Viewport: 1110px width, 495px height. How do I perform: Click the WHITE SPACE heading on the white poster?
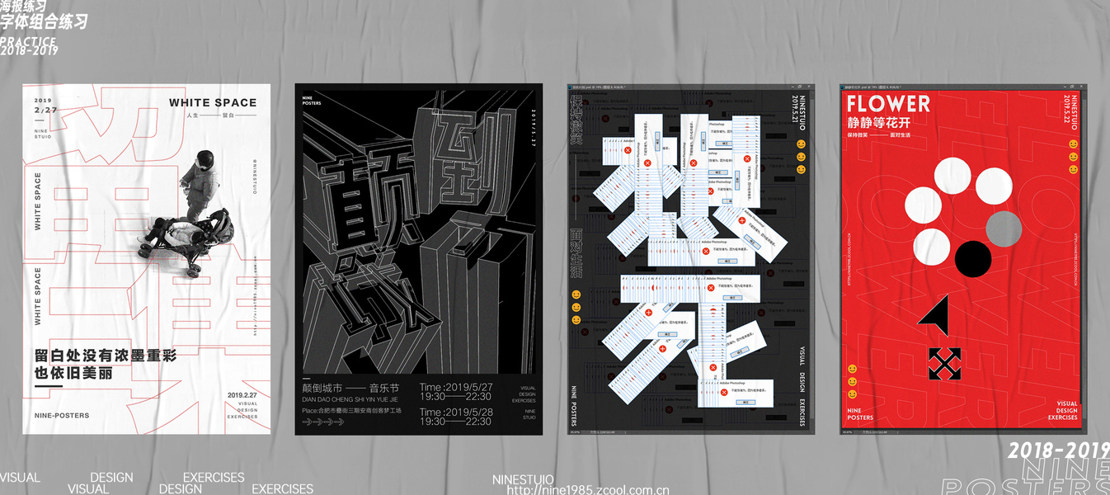pos(213,103)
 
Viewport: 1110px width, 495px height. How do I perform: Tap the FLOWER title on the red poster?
pos(888,104)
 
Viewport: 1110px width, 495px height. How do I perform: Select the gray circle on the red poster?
pos(1004,229)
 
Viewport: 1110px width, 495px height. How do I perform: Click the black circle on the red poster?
pos(973,258)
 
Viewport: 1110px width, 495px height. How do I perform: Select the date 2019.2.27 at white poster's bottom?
pos(242,395)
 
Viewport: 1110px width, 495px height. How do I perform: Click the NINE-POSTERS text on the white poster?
pos(62,415)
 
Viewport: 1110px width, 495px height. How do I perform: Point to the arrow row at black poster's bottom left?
pos(323,422)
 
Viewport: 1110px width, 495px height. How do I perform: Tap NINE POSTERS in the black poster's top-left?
pos(312,101)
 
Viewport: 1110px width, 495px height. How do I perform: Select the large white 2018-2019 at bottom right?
pos(1058,450)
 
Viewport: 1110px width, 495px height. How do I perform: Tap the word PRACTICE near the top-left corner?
pos(28,41)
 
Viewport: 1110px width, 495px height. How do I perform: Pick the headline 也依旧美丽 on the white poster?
pos(73,373)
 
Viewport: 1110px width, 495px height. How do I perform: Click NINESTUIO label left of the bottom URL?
pos(523,479)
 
